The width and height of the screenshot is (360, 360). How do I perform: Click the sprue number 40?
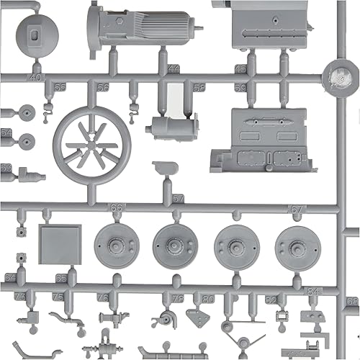pyautogui.click(x=35, y=77)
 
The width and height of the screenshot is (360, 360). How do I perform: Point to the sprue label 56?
pyautogui.click(x=103, y=87)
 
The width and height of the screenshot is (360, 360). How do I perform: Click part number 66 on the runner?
pyautogui.click(x=116, y=207)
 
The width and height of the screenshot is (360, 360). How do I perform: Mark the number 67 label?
pyautogui.click(x=295, y=208)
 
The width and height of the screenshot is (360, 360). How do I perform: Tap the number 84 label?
pyautogui.click(x=312, y=291)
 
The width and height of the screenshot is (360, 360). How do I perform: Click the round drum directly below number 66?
pyautogui.click(x=115, y=246)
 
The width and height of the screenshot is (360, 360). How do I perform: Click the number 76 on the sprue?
pyautogui.click(x=103, y=297)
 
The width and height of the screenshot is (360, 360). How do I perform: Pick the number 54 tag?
pyautogui.click(x=6, y=134)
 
